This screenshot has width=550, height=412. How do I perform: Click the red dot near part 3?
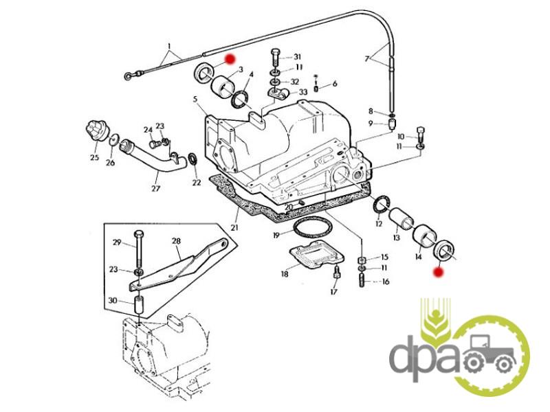(230, 59)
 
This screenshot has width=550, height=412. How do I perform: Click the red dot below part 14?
(437, 272)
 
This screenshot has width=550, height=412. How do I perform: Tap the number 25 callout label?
(94, 157)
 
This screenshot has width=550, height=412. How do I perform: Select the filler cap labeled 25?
(97, 130)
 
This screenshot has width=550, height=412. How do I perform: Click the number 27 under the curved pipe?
(156, 188)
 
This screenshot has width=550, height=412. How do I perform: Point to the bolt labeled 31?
(275, 57)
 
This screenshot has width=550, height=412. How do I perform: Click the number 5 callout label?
(195, 100)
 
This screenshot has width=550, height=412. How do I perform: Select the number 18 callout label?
(285, 273)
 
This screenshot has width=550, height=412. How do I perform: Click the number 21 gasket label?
(234, 227)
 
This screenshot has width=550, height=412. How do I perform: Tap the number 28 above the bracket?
(176, 241)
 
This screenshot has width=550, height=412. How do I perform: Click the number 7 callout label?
(367, 58)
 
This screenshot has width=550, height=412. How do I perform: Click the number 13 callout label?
(397, 238)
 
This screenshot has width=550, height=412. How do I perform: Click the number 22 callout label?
(197, 182)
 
